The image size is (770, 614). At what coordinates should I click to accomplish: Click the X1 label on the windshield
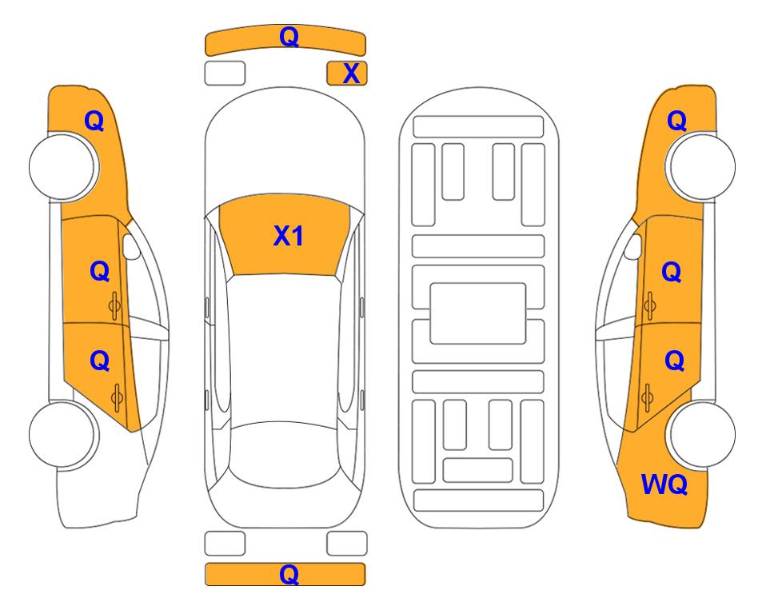[x=289, y=236]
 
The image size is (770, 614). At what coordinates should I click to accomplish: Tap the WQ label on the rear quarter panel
[x=664, y=484]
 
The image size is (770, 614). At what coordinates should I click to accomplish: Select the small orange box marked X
[x=347, y=74]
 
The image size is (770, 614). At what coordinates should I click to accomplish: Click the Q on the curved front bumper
[x=289, y=36]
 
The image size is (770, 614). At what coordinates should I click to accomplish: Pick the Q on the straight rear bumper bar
[x=289, y=574]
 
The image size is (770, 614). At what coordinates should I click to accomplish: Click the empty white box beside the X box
[x=225, y=74]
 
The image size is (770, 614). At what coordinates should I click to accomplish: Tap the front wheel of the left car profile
[x=63, y=167]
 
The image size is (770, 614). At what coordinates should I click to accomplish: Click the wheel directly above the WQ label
[x=700, y=434]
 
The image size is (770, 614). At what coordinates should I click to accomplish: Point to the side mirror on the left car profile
[x=131, y=246]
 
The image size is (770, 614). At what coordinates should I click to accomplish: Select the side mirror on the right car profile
[x=633, y=246]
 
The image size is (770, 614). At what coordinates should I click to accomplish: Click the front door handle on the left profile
[x=115, y=306]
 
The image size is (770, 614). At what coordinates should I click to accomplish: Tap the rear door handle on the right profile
[x=648, y=397]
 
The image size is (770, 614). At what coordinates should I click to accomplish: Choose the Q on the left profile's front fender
[x=94, y=121]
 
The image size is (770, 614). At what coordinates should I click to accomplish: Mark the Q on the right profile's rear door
[x=674, y=361]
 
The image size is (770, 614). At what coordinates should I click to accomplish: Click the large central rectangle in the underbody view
[x=478, y=313]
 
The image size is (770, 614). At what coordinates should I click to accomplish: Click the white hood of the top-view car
[x=285, y=147]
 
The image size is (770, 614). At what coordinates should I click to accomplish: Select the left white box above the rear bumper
[x=225, y=544]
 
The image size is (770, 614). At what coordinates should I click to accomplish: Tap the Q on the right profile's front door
[x=672, y=272]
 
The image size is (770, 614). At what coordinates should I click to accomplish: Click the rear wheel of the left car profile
[x=63, y=434]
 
